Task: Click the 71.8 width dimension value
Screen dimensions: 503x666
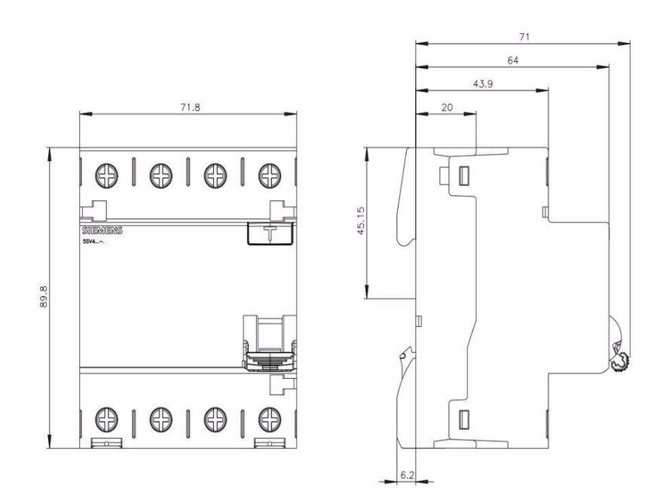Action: (x=190, y=107)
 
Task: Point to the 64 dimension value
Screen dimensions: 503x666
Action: (x=512, y=60)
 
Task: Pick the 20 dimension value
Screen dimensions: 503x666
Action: (x=446, y=108)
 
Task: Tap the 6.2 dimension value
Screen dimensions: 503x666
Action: (x=406, y=475)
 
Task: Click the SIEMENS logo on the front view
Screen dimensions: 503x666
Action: (x=101, y=230)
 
